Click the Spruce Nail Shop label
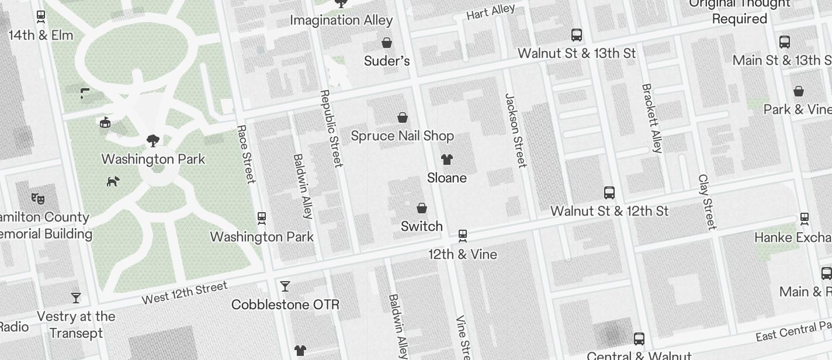click(402, 136)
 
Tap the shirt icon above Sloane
click(447, 159)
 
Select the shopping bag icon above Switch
click(422, 207)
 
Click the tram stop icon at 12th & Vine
click(463, 236)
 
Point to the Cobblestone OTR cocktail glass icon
click(285, 286)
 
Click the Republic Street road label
click(330, 129)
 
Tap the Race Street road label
click(247, 154)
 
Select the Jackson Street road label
click(516, 130)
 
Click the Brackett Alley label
click(652, 118)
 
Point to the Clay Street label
click(707, 202)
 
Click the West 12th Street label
click(185, 293)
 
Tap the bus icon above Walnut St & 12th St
click(609, 192)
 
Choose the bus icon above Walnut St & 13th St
click(577, 35)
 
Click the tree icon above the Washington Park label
click(153, 140)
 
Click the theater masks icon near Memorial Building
click(38, 198)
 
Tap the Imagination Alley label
click(341, 20)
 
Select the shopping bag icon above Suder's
click(387, 42)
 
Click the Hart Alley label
click(491, 12)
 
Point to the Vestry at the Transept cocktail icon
click(76, 298)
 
